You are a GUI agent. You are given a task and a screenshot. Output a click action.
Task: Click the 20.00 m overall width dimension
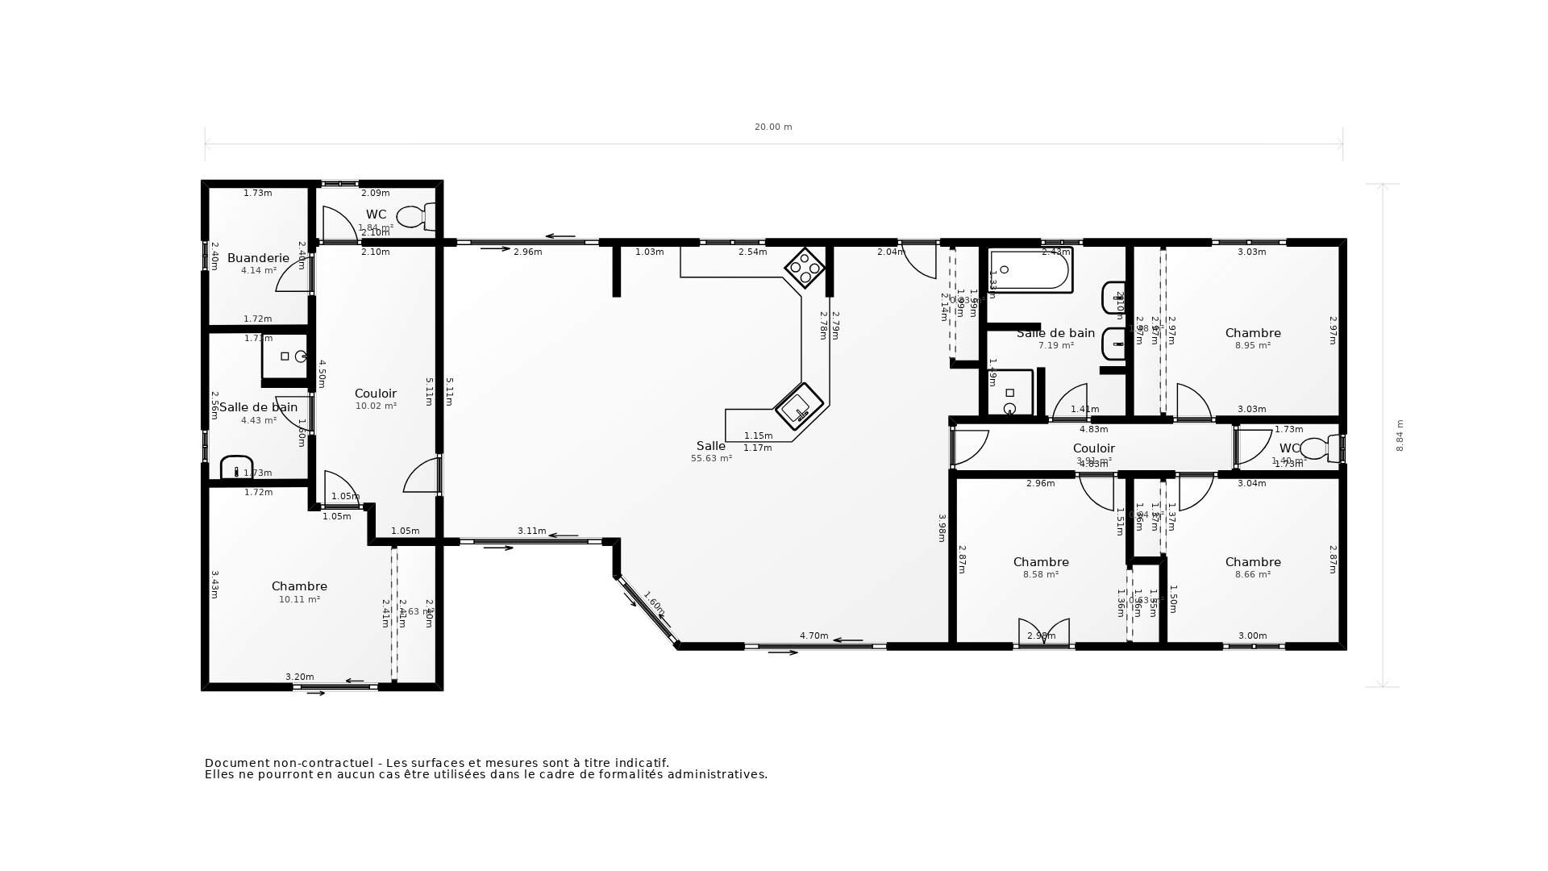pos(772,127)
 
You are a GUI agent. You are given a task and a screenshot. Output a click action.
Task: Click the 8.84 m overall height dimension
pos(1400,435)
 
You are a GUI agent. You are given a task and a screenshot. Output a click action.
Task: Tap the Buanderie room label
pos(258,258)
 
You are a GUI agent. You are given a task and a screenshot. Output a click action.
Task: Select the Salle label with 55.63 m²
pos(710,446)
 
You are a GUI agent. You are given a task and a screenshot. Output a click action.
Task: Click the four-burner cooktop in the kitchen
pos(805,267)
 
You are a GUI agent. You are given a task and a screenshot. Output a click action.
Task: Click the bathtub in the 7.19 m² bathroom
pos(1030,270)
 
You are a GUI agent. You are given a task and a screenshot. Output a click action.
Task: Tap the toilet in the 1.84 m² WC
pos(416,216)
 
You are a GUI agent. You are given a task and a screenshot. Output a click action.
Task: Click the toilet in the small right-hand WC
pos(1318,448)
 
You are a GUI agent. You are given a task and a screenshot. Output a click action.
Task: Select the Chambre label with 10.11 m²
pos(299,586)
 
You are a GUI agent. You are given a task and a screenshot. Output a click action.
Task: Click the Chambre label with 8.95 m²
pos(1252,333)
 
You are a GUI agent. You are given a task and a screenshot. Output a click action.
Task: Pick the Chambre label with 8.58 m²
pos(1041,562)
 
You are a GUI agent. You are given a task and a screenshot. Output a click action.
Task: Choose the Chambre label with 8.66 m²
pos(1252,562)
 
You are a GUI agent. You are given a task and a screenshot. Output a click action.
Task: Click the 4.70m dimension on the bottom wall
pos(814,636)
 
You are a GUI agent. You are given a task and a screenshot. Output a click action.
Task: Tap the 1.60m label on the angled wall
pos(653,603)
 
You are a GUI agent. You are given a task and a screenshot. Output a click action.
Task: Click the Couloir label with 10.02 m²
pos(376,394)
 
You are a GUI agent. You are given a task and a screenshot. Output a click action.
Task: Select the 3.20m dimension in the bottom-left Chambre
pos(299,677)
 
